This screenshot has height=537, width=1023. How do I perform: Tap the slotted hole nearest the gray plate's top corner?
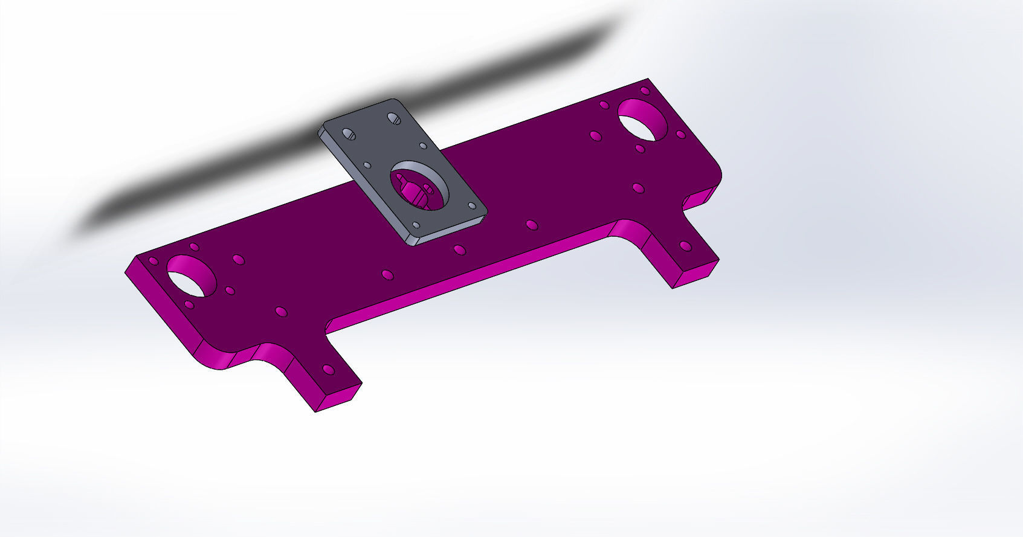pyautogui.click(x=393, y=118)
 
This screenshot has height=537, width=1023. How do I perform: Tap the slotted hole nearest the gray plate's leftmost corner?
pyautogui.click(x=348, y=133)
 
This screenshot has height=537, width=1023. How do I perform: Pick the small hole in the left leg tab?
pyautogui.click(x=328, y=369)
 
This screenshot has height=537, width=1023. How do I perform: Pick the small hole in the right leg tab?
pyautogui.click(x=685, y=246)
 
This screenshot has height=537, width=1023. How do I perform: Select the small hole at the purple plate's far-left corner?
pyautogui.click(x=153, y=262)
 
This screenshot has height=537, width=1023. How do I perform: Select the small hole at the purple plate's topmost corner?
pyautogui.click(x=645, y=91)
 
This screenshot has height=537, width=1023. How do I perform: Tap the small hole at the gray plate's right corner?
pyautogui.click(x=472, y=206)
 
